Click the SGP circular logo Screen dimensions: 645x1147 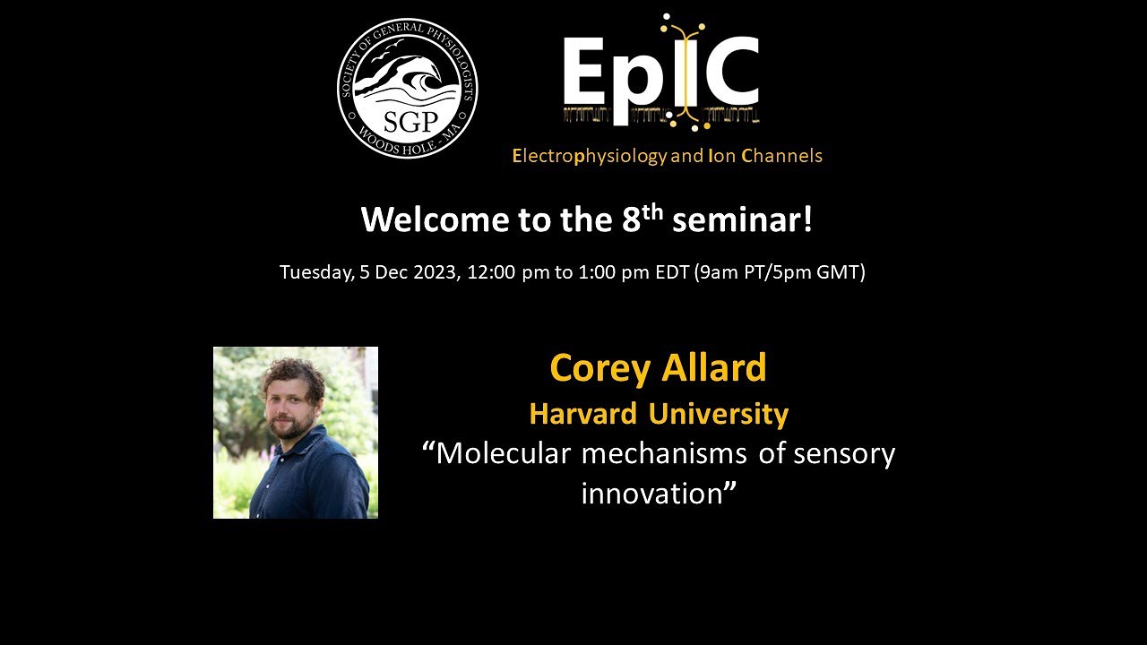(407, 88)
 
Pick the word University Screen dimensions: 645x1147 (719, 414)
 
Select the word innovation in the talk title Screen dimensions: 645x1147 (651, 494)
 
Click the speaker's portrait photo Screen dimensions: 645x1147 (296, 433)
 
